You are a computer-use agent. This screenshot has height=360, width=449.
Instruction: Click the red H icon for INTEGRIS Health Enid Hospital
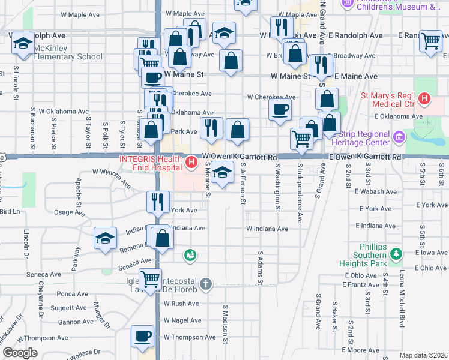click(191, 162)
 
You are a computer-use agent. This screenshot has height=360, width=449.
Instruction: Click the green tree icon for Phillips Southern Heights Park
click(396, 253)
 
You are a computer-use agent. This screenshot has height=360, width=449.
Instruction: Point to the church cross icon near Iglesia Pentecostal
click(205, 283)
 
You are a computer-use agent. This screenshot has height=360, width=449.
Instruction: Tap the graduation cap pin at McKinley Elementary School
click(23, 43)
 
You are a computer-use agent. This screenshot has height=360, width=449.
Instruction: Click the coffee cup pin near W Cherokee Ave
click(280, 110)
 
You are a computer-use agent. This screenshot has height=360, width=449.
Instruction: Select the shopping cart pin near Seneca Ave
click(150, 278)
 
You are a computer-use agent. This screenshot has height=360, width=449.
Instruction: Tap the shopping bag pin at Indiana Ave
click(162, 238)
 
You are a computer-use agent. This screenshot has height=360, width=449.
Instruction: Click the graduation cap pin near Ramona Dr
click(105, 238)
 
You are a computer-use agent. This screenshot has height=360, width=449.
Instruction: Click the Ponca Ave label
click(73, 294)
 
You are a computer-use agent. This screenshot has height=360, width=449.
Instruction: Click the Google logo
click(20, 353)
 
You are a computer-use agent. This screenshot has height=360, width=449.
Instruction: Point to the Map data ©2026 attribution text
click(423, 355)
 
